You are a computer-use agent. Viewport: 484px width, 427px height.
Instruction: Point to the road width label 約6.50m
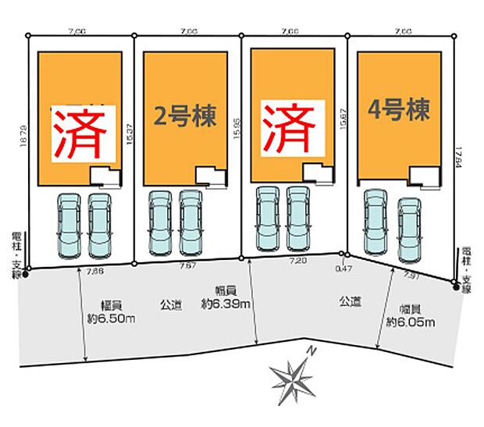tap(109, 318)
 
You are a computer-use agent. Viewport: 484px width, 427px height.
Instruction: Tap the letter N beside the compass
tap(311, 352)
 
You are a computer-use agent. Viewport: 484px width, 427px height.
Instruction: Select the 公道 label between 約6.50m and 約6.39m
tap(170, 305)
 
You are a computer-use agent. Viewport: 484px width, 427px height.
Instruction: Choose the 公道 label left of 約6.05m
tap(349, 301)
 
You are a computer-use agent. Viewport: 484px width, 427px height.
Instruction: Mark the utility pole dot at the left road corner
tap(27, 274)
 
